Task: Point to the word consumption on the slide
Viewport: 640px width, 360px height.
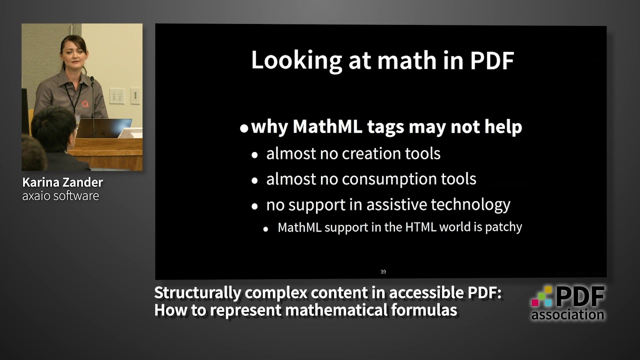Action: coord(382,179)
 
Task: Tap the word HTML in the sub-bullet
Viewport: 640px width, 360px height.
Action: coord(420,227)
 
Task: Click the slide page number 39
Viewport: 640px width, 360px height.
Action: coord(383,272)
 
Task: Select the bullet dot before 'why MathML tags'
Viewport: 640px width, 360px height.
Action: coord(244,128)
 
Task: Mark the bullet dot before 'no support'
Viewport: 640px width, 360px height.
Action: coord(255,206)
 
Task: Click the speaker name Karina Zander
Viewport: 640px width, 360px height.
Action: coord(62,182)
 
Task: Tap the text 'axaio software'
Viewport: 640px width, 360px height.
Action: coord(60,195)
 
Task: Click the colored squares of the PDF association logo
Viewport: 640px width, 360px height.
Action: coord(542,296)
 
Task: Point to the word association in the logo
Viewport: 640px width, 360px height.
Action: coord(567,314)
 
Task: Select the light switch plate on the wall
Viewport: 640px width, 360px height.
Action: coord(117,96)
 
